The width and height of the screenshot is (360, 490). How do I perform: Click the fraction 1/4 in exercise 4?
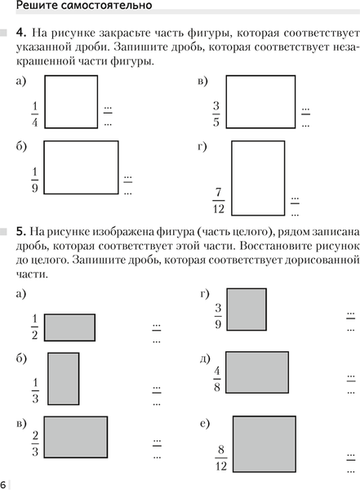coord(35,115)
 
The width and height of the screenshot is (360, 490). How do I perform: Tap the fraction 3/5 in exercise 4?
coord(216,115)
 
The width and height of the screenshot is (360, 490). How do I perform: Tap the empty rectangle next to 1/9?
coord(82,167)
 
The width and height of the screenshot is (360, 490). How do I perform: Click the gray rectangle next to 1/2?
coord(69,327)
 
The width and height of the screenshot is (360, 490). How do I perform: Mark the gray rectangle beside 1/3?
coord(64,377)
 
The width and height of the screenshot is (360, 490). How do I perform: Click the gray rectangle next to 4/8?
coord(257,372)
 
